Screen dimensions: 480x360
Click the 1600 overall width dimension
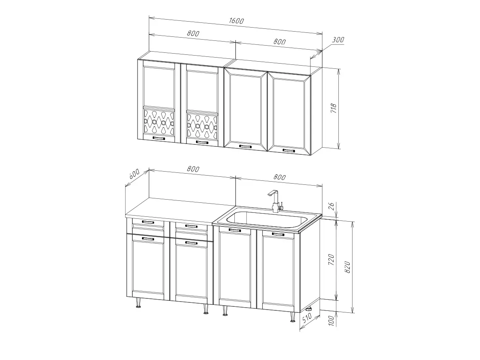(236, 21)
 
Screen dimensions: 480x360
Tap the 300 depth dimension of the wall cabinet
(338, 40)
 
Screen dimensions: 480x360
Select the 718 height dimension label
(333, 108)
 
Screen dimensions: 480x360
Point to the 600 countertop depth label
(134, 174)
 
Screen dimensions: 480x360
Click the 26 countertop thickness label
(332, 206)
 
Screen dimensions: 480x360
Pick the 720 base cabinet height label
(331, 260)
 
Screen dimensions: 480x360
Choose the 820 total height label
(347, 267)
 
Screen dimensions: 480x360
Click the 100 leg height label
(332, 321)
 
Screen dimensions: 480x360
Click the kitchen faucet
(276, 201)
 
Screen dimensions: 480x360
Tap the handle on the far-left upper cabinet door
(158, 138)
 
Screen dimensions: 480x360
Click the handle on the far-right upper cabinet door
(289, 150)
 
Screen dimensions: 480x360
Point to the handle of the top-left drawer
(148, 222)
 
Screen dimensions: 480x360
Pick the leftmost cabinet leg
(138, 302)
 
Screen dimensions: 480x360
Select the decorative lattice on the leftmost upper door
(159, 122)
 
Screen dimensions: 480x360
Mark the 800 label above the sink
(279, 177)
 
